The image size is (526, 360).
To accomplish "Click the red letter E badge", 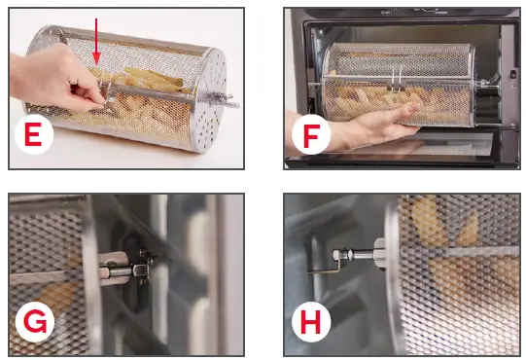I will [x=32, y=136].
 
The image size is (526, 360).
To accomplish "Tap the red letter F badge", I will [x=311, y=136].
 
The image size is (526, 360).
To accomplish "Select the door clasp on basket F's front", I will [x=396, y=82].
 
